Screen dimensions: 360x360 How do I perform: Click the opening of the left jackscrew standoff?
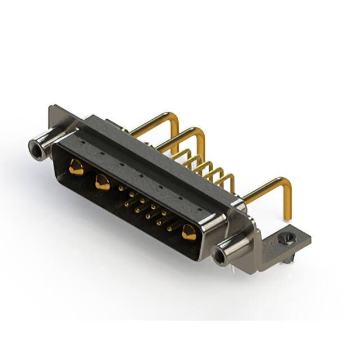click(x=37, y=148)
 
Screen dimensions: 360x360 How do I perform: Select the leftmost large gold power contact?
click(x=76, y=166)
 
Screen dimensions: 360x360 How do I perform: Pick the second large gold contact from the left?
click(x=102, y=182)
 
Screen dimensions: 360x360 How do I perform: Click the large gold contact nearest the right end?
click(x=188, y=231)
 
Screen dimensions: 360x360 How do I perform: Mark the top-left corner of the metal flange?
click(x=52, y=107)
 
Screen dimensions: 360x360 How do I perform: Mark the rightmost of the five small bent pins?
click(x=228, y=180)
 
